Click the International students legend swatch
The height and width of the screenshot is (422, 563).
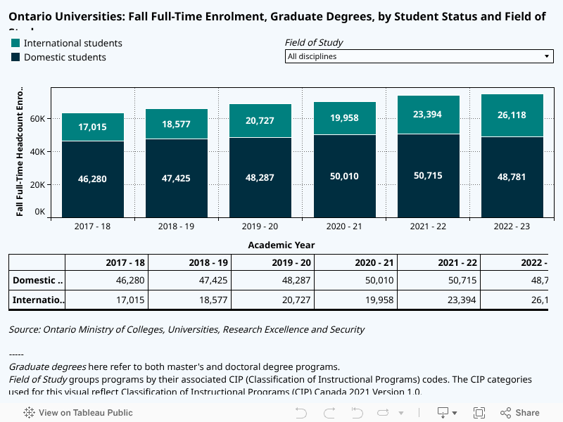point(15,43)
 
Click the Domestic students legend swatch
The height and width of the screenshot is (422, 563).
point(15,57)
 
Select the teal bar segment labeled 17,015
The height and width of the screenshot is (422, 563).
point(93,127)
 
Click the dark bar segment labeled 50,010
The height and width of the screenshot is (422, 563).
point(345,176)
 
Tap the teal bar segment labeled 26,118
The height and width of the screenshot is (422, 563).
point(512,115)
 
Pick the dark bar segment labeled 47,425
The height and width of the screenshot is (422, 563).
point(177,178)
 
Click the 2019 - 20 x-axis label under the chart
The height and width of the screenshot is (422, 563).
point(260,226)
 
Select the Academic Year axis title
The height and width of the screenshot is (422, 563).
point(281,245)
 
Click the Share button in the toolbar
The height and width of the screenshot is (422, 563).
point(520,413)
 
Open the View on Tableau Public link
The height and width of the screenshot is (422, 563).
point(78,413)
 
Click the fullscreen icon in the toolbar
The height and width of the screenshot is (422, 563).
point(479,413)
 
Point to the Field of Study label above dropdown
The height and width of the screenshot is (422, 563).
point(314,42)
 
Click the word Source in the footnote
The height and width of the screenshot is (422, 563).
point(24,329)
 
